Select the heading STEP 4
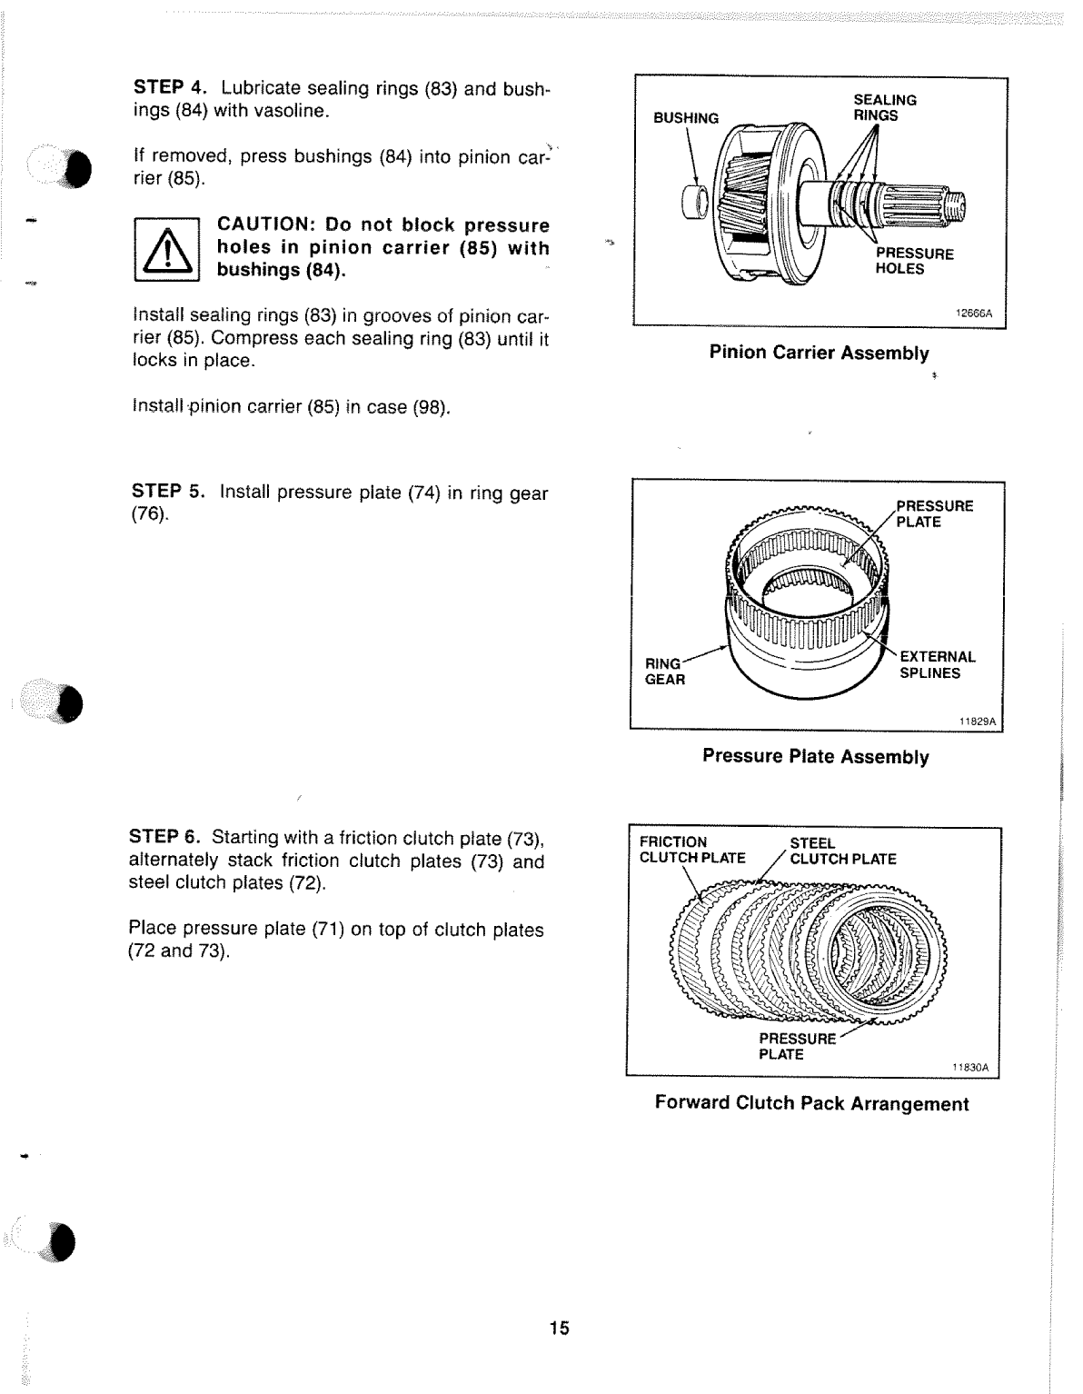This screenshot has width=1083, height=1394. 171,88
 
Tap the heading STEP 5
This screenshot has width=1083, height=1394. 169,492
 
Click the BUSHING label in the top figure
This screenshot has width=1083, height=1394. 686,118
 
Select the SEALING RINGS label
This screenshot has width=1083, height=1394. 884,108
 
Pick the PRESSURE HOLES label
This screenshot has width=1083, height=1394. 914,262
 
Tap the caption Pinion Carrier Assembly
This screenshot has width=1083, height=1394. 819,353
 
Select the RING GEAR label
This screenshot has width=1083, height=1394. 664,672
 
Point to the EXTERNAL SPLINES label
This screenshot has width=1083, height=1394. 937,665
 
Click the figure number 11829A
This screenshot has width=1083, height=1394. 978,722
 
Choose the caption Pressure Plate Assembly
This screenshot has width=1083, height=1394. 815,757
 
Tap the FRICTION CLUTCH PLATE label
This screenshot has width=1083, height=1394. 691,851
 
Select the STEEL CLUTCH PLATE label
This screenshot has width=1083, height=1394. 842,851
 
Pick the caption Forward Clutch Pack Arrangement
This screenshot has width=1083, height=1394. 811,1104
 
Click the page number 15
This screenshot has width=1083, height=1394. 559,1329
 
